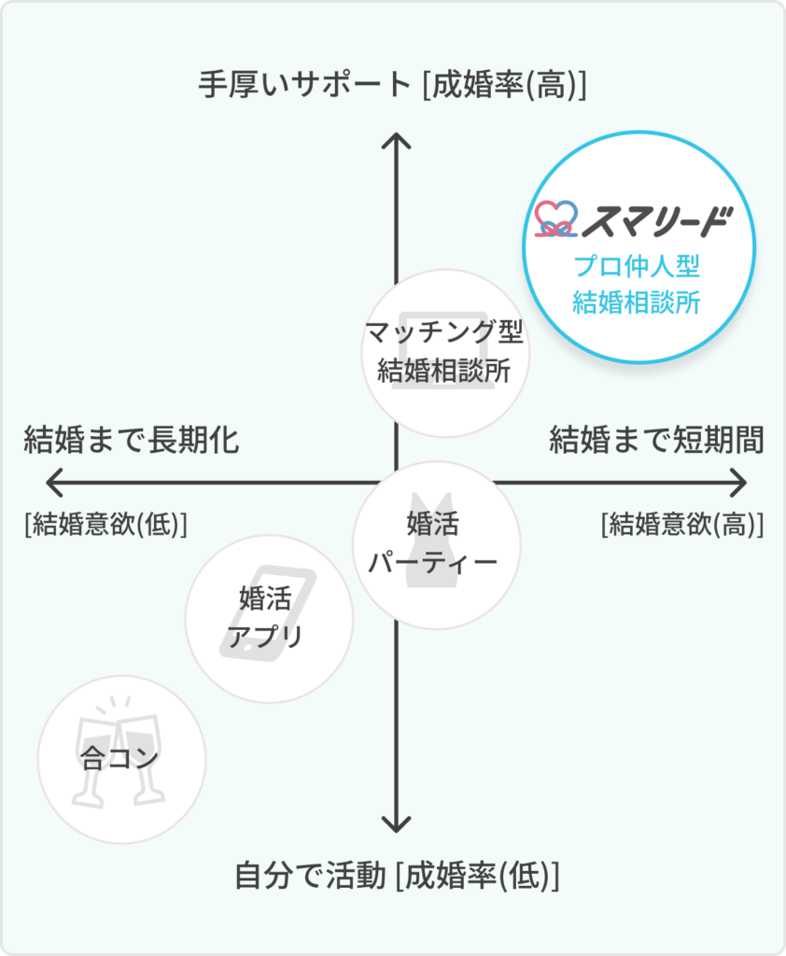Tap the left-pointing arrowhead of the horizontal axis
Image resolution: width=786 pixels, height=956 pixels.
coord(50,483)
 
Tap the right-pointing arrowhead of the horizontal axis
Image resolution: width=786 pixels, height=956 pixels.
coord(741,483)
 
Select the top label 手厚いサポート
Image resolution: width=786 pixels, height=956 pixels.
coord(304,85)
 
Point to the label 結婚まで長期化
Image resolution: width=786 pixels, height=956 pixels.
coord(132,440)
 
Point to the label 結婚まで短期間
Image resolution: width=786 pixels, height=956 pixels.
coord(657,440)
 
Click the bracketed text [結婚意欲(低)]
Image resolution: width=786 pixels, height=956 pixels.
coord(106,525)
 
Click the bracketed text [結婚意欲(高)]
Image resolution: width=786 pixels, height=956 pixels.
coord(683,525)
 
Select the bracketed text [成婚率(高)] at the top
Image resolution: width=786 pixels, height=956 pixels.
coord(504,85)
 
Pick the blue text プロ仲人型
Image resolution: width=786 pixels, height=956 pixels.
coord(637,267)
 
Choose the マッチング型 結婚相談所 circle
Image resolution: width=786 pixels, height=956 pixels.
coord(444,352)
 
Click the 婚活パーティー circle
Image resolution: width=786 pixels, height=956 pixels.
coord(436,543)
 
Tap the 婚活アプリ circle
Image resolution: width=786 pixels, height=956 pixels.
coord(269,618)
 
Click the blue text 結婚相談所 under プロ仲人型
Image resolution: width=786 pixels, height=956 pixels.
coord(637,302)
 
